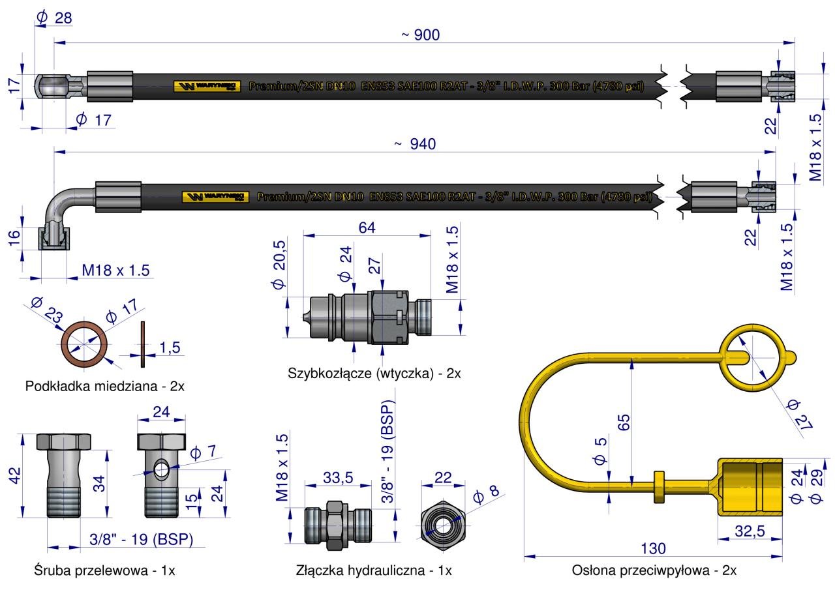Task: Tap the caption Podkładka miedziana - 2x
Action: click(104, 386)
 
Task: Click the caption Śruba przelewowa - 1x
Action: click(104, 570)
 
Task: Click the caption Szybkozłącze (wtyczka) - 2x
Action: click(374, 374)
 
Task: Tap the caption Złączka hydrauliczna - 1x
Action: click(374, 570)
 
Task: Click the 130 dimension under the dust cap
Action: click(653, 548)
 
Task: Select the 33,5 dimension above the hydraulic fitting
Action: click(338, 478)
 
